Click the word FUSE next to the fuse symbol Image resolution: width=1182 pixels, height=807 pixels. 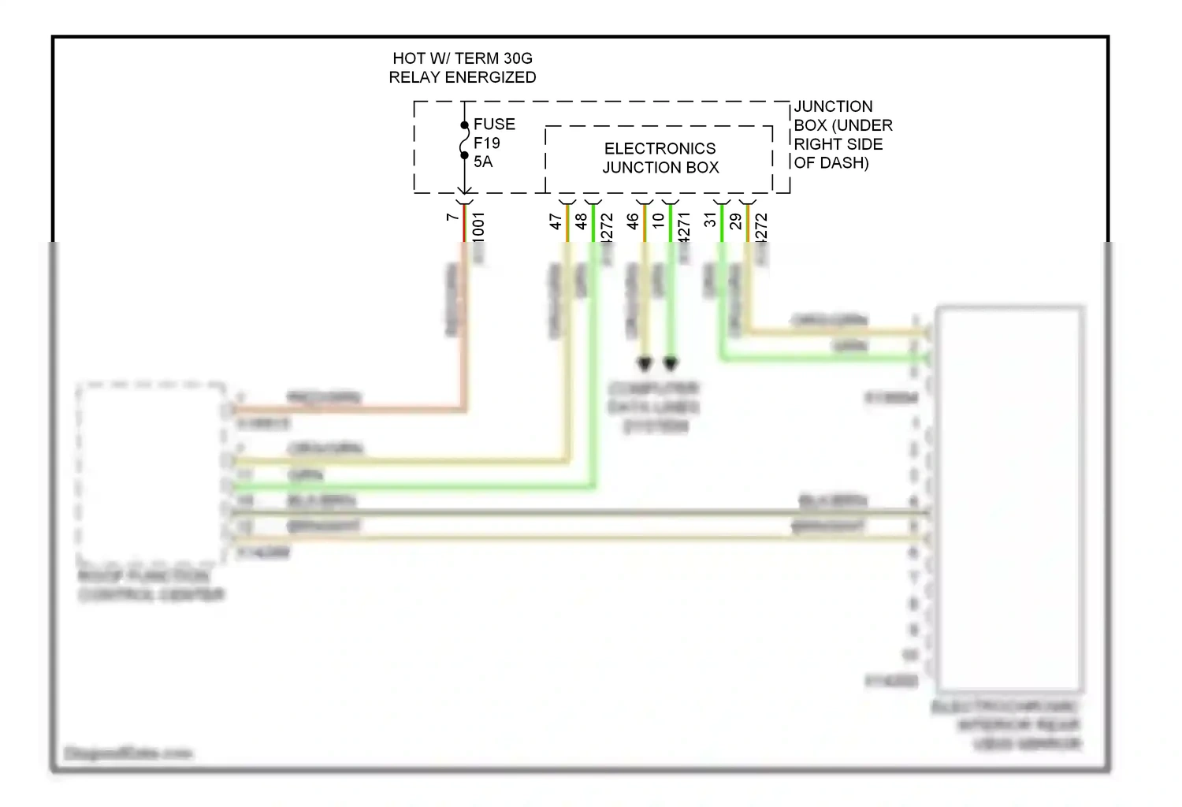coord(494,125)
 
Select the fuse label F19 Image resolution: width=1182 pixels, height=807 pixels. coord(486,143)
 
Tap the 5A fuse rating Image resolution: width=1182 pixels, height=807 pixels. coord(482,162)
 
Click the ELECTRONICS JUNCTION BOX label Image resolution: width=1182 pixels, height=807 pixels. coord(660,158)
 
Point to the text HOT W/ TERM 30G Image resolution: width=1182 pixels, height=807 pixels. coord(462,58)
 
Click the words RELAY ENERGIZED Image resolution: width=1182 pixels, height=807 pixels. coord(462,77)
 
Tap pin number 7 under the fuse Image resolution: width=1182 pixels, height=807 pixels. coord(452,217)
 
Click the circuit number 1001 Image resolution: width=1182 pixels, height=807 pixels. coord(478,225)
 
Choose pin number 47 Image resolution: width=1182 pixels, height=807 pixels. coord(555,221)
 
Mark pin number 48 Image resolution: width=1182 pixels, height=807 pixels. coord(581,221)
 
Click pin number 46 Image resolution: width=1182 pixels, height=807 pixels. coord(632,221)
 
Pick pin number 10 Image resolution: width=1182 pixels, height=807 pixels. coord(658,221)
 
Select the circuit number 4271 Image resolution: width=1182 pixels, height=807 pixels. coord(683,227)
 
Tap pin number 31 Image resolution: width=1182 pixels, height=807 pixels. coord(710,221)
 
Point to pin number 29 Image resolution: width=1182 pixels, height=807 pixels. coord(735,221)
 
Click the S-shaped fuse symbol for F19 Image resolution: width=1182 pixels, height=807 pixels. coord(464,140)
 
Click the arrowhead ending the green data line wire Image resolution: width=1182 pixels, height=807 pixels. coord(671,363)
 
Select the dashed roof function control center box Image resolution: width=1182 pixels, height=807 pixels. coord(151,472)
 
